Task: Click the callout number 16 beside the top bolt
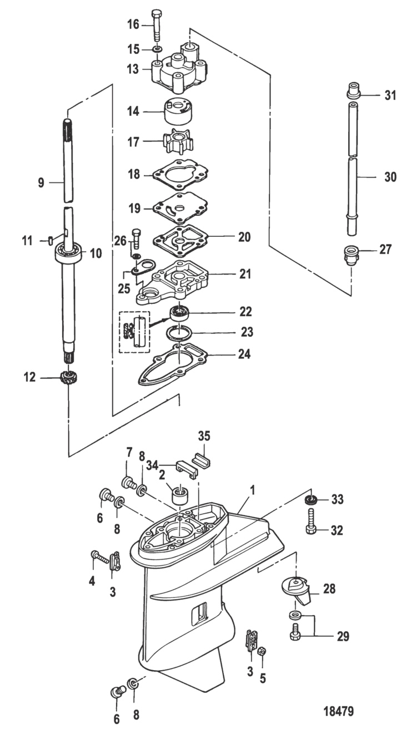tap(133, 24)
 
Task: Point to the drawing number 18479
tap(339, 711)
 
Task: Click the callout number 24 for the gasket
tap(244, 354)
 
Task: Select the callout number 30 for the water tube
tap(390, 177)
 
